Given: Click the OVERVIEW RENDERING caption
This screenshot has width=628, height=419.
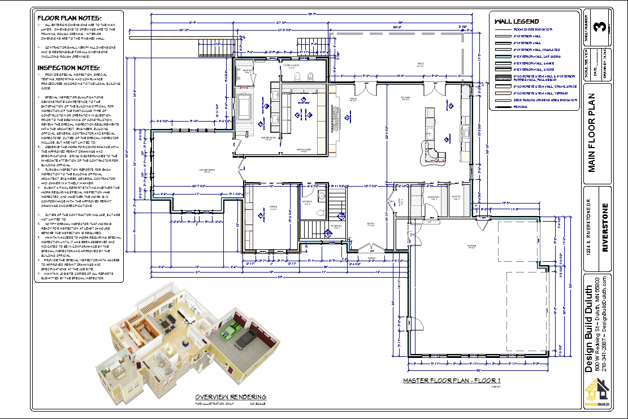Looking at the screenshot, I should [x=231, y=397].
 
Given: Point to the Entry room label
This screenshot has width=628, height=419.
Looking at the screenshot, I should [x=371, y=224].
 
